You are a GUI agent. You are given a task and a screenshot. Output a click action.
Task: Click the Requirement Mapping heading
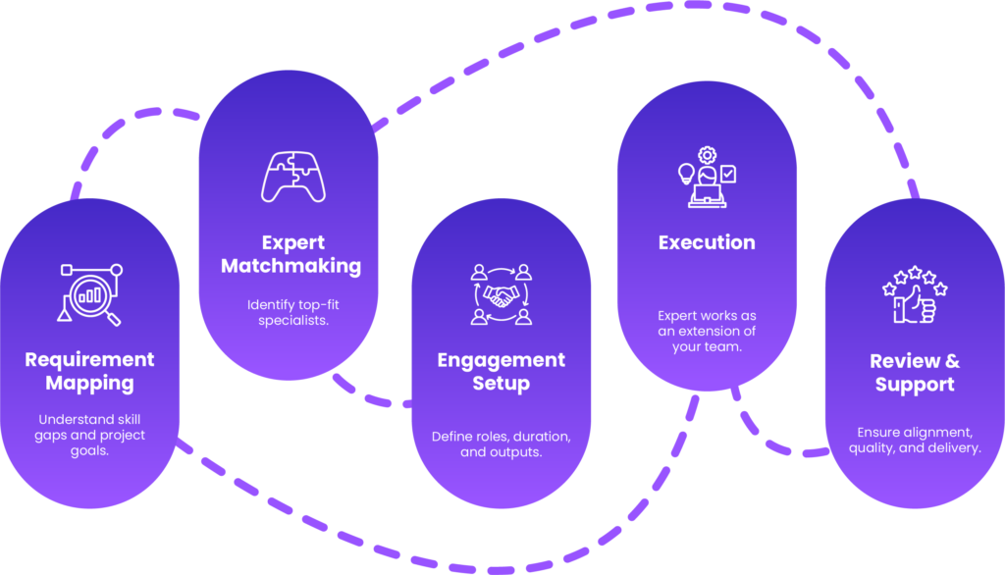coord(89,371)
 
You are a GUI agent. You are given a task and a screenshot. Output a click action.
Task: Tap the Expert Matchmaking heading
coord(291,254)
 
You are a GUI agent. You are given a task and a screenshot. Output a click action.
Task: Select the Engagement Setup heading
coord(501,371)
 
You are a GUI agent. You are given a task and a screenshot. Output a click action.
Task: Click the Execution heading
coord(707,242)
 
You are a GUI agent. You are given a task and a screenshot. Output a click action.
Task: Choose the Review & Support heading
coord(915,373)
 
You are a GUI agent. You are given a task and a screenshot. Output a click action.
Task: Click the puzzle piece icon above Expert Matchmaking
coord(292,178)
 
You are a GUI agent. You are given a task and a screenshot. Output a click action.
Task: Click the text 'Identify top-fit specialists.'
coord(291,313)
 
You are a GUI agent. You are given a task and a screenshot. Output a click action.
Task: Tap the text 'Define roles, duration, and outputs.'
coord(501,444)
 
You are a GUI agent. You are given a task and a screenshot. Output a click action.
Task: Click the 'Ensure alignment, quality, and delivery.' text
coord(915,440)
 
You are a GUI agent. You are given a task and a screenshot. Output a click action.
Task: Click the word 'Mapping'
coord(89,384)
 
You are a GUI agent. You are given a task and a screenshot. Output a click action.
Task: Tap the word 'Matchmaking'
coord(291,266)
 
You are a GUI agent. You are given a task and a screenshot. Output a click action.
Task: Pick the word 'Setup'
coord(501,384)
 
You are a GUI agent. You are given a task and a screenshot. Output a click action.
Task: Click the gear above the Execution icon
coord(707,154)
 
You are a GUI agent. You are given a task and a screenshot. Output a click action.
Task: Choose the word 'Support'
coord(915,385)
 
